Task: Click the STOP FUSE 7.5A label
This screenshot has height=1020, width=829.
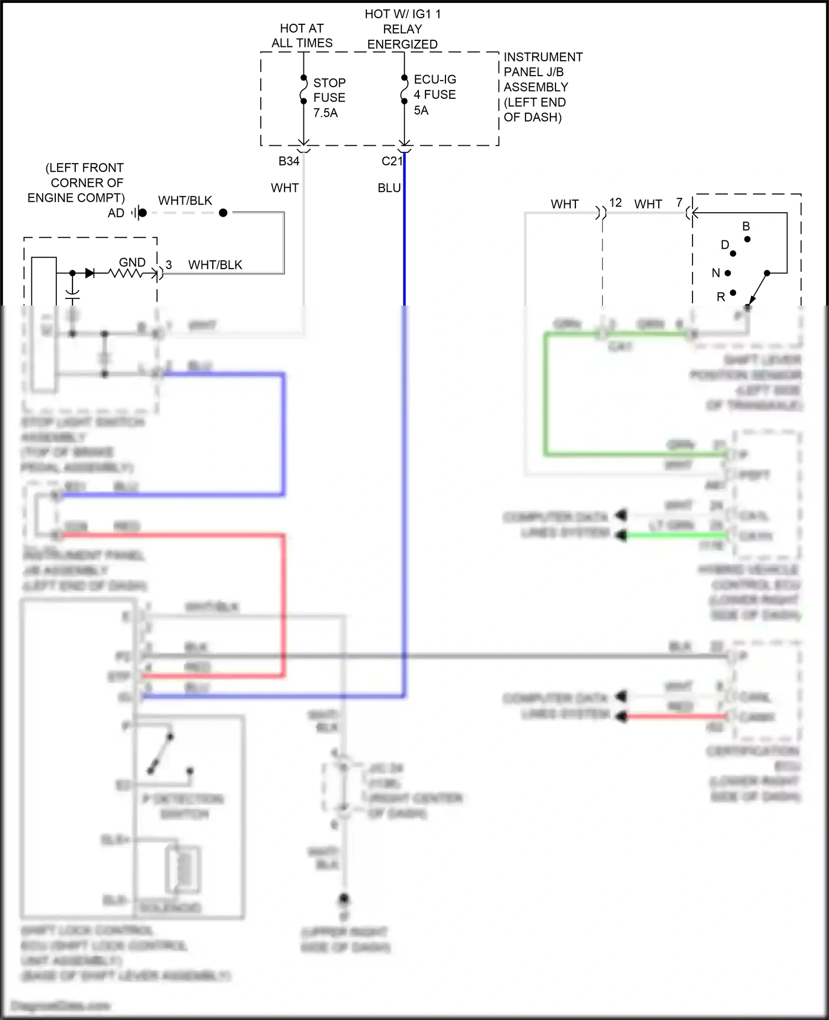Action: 329,98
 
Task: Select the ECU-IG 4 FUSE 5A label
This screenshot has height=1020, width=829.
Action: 434,95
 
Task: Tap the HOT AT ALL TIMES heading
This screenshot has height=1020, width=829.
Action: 302,35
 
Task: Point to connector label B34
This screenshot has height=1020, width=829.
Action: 288,161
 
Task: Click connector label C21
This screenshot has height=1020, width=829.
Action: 392,161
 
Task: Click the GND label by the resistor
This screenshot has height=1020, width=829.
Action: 132,262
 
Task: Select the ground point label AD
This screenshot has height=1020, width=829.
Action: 116,213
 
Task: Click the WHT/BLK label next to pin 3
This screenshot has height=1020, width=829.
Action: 215,265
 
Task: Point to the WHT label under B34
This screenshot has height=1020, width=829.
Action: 285,188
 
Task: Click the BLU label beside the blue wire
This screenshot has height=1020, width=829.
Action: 389,188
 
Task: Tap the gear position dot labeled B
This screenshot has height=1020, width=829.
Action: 747,239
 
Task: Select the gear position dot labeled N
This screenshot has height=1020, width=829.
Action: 728,273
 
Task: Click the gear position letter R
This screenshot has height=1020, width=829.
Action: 721,297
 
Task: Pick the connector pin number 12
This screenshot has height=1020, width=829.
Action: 616,203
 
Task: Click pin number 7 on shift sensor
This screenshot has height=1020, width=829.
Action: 679,203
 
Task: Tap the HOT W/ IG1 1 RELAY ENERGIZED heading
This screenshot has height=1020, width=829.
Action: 402,29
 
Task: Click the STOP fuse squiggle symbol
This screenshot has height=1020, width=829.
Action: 303,90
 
